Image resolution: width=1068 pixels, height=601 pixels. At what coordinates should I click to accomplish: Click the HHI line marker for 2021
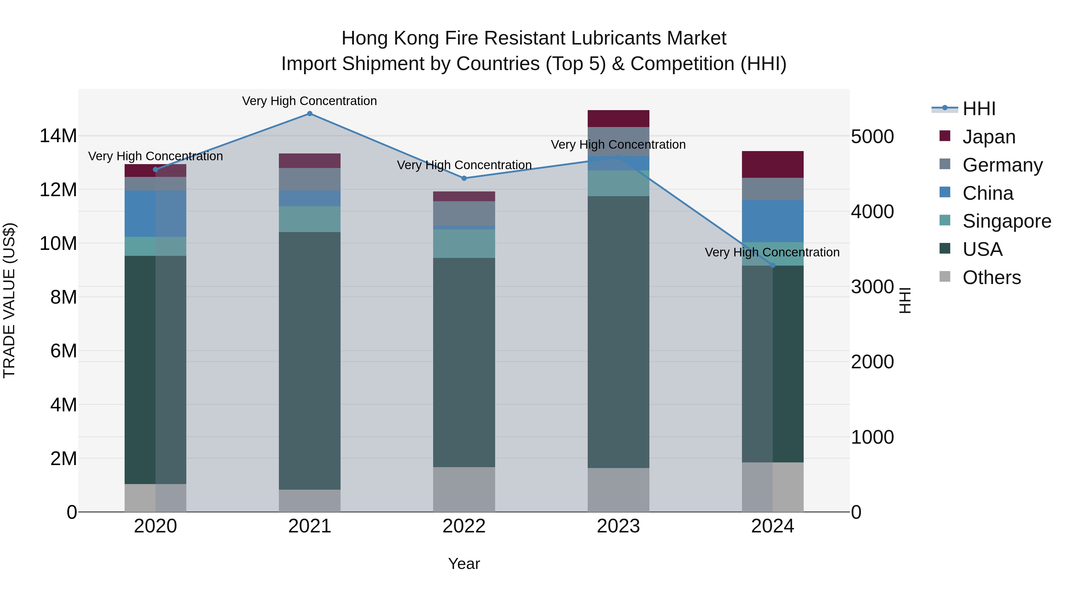coord(310,114)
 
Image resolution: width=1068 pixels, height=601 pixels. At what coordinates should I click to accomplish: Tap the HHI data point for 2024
coord(773,265)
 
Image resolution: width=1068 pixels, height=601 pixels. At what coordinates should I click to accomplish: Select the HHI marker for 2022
coord(464,178)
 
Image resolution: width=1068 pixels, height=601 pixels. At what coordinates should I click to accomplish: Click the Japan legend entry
coord(988,137)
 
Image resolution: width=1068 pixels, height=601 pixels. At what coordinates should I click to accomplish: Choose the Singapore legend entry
coord(1006,221)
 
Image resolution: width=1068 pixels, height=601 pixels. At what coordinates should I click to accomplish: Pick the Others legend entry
coord(991,277)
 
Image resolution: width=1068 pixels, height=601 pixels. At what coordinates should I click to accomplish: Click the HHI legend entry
coord(978,109)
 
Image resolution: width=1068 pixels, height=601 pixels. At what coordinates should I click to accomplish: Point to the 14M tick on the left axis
coord(58,136)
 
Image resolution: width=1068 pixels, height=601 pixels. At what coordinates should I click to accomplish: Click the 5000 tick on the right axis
coord(872,137)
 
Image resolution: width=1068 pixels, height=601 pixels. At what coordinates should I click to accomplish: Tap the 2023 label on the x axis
coord(618,526)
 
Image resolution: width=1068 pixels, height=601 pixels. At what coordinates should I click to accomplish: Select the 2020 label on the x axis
coord(155,526)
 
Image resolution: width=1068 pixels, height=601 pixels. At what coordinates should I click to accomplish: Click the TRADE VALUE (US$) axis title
coord(9,300)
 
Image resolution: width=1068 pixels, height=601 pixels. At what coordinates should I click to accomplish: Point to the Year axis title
coord(464,564)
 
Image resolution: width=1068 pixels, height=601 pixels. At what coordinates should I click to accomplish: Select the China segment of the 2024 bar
coord(773,221)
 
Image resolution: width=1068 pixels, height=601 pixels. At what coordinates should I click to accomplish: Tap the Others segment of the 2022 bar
coord(464,489)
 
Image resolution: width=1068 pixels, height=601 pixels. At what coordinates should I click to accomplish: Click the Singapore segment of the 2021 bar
coord(310,219)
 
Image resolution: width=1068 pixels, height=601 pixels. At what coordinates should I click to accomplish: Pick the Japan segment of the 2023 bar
coord(618,119)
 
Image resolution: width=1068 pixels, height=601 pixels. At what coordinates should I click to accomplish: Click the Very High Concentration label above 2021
coord(310,101)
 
